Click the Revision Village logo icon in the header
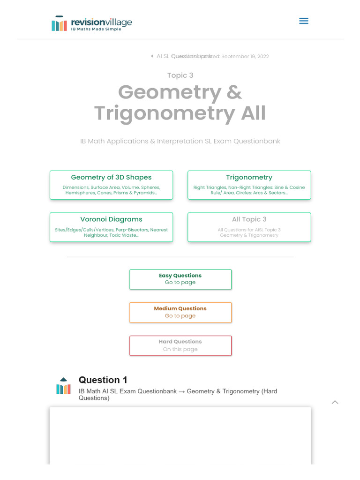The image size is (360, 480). point(59,23)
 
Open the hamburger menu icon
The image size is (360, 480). point(303,21)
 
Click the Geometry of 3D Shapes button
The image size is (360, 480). point(111,185)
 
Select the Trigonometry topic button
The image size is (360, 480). point(249,185)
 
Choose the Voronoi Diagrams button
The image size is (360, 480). point(111,227)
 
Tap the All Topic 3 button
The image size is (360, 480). point(249,227)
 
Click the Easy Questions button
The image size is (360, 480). point(180,279)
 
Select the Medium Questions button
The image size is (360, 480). point(180,312)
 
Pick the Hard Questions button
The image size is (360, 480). point(180,345)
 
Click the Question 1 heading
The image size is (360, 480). point(103,380)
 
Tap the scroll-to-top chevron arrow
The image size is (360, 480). point(335,402)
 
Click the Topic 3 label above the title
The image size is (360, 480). point(180,75)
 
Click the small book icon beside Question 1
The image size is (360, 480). point(63,386)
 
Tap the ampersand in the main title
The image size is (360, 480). point(234,92)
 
